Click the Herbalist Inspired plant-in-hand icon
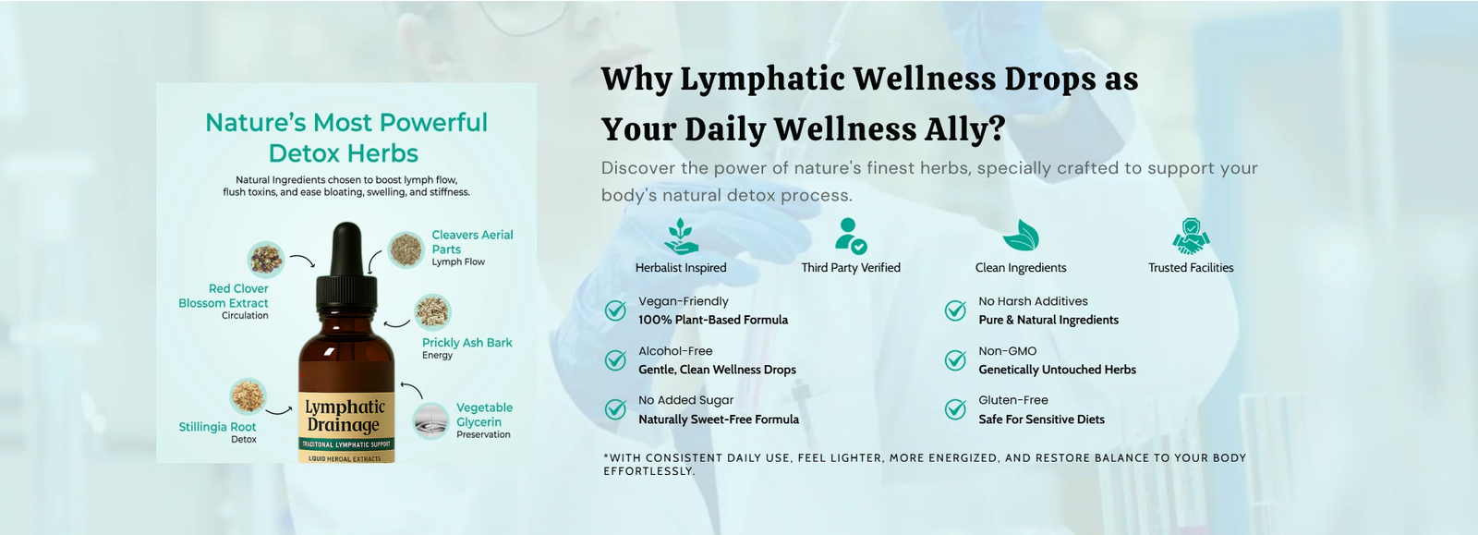(681, 237)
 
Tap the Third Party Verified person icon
(851, 237)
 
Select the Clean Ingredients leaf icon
(1021, 236)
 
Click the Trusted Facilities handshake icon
(1191, 237)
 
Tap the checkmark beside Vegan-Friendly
(615, 310)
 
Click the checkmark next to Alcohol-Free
(615, 359)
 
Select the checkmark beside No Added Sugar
(615, 409)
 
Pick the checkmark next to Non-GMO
(955, 359)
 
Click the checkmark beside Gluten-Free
(955, 409)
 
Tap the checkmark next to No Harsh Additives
(955, 310)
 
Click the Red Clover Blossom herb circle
(266, 260)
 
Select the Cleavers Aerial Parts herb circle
(406, 250)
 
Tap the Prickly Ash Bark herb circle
(433, 312)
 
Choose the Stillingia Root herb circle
(248, 396)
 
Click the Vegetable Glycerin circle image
(431, 420)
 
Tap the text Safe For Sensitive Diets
(1041, 419)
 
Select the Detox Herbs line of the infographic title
(344, 153)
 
